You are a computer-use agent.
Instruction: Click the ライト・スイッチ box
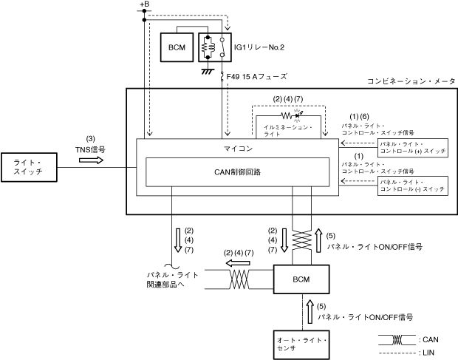pos(29,167)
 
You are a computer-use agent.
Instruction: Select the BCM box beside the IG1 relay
pos(177,47)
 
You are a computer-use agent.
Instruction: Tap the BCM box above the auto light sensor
pos(301,279)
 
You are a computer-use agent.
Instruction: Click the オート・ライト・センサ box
pos(301,344)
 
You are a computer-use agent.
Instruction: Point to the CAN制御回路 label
pos(237,172)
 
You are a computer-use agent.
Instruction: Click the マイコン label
pos(238,149)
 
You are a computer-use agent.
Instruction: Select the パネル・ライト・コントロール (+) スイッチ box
pos(413,148)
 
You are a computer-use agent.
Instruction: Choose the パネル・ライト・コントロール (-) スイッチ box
pos(413,186)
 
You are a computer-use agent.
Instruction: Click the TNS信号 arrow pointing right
pos(91,160)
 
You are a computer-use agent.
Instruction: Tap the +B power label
pos(144,4)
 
